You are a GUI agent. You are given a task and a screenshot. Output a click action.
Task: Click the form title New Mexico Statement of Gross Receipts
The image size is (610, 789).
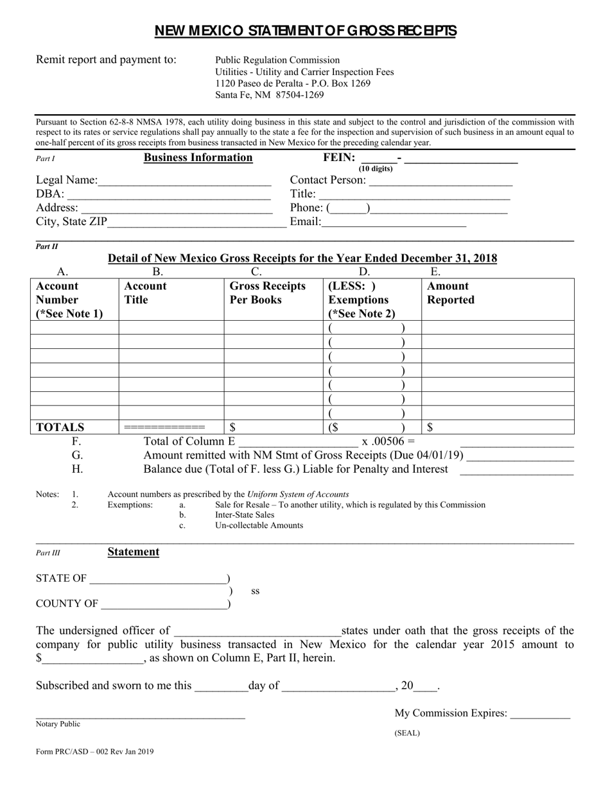305,31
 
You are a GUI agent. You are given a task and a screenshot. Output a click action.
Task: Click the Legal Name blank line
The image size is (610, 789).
184,182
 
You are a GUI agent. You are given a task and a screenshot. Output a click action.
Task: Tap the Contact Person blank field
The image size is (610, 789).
440,182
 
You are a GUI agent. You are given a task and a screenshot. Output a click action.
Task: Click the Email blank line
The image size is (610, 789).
393,223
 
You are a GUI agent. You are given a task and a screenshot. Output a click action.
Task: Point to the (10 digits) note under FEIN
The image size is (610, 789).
376,169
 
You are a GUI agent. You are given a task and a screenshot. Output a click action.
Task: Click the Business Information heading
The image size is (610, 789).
198,158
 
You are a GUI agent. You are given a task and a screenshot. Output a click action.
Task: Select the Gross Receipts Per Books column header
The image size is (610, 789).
268,293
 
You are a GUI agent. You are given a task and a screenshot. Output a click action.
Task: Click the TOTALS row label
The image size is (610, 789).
60,427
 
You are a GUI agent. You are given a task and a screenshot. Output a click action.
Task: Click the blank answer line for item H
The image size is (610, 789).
517,470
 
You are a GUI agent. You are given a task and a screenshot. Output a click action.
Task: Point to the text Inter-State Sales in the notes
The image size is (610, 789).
244,515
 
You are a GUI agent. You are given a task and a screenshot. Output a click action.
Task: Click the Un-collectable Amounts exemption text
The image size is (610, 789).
259,525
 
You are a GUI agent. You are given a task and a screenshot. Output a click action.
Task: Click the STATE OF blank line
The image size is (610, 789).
158,579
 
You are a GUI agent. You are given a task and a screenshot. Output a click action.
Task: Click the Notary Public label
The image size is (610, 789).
58,724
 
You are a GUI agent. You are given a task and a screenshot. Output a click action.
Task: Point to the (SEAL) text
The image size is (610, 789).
407,733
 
